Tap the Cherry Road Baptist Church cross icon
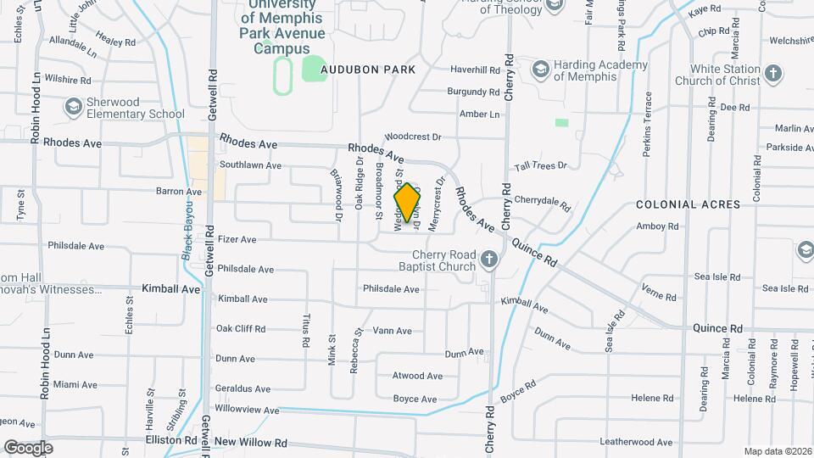pyautogui.click(x=488, y=260)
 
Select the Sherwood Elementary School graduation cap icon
pyautogui.click(x=74, y=106)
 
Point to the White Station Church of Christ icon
pyautogui.click(x=772, y=74)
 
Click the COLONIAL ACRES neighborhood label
pyautogui.click(x=689, y=204)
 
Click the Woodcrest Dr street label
pyautogui.click(x=413, y=136)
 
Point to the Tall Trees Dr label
pyautogui.click(x=539, y=165)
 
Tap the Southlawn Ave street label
pyautogui.click(x=250, y=165)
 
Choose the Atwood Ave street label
pyautogui.click(x=417, y=376)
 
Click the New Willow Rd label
pyautogui.click(x=250, y=442)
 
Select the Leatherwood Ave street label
pyautogui.click(x=635, y=442)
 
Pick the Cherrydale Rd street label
pyautogui.click(x=543, y=203)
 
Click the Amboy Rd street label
pyautogui.click(x=658, y=226)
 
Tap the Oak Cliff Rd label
pyautogui.click(x=241, y=328)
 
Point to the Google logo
pyautogui.click(x=29, y=447)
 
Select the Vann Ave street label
pyautogui.click(x=392, y=331)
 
